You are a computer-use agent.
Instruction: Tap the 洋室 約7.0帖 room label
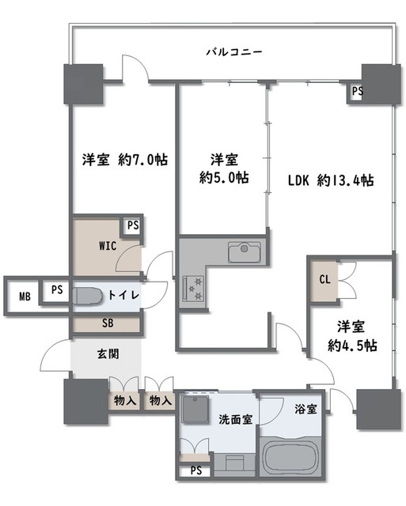tap(125, 160)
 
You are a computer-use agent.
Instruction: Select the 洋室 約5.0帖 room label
tap(223, 168)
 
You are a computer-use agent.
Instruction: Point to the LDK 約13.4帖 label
tap(330, 179)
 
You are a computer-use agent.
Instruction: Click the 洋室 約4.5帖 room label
tap(353, 336)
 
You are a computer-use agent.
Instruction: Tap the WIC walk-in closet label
tap(108, 246)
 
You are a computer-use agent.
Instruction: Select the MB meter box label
tap(25, 296)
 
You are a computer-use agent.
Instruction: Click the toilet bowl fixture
tap(86, 296)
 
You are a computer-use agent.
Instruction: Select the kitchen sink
tap(244, 253)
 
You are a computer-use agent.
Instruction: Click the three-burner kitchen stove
tap(194, 287)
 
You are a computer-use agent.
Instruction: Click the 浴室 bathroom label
tap(308, 410)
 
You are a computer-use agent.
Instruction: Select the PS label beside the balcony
tap(357, 91)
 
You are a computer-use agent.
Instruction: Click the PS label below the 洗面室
tap(195, 472)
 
